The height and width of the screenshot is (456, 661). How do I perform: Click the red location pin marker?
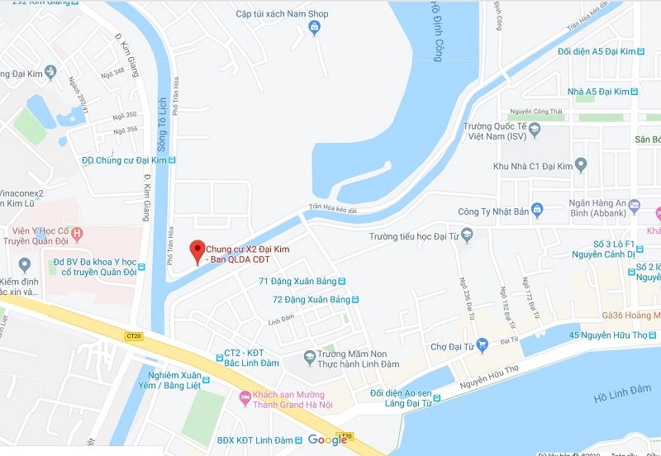point(197,250)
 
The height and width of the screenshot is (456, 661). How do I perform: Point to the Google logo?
point(327,439)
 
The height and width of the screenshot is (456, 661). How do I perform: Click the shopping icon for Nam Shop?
point(314,29)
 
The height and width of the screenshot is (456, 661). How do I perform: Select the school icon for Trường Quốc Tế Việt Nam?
point(535,130)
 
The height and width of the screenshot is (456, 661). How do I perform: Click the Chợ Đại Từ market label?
point(449,347)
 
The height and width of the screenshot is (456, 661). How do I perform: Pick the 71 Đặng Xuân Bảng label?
point(297,282)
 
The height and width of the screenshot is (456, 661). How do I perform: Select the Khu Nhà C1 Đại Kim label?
point(532,167)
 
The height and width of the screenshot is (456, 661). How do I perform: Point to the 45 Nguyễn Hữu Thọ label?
point(610,335)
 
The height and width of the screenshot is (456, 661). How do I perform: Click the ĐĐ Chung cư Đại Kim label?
point(123,160)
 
